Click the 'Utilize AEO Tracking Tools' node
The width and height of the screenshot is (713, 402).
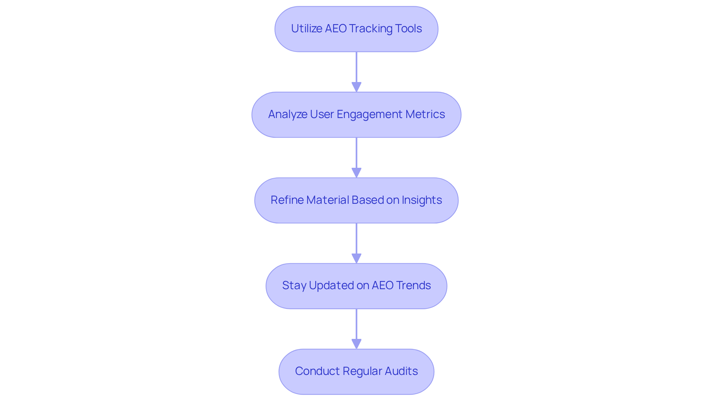click(x=356, y=29)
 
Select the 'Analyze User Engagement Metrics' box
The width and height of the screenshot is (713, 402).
click(x=356, y=115)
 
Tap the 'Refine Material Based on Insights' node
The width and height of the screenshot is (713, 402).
click(x=356, y=200)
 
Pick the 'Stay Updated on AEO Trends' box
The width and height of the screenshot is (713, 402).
click(x=356, y=286)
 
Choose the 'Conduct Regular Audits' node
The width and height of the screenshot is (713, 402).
click(x=356, y=372)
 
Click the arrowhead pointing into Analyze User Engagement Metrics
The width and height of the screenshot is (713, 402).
click(x=356, y=87)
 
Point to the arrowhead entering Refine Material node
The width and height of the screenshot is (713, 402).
click(x=356, y=173)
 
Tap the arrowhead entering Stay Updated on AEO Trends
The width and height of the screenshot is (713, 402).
click(x=356, y=258)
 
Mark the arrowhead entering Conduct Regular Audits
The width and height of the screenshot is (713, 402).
click(x=356, y=344)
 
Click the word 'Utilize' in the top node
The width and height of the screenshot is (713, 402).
click(x=306, y=29)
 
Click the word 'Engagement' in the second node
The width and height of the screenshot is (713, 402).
click(x=369, y=114)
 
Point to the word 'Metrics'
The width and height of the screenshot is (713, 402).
click(x=425, y=114)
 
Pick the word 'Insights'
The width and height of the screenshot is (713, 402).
click(x=421, y=200)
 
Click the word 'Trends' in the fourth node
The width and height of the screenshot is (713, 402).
click(x=413, y=285)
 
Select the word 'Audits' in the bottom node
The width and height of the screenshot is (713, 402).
click(x=401, y=371)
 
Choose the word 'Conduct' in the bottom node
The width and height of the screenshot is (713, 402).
click(x=317, y=371)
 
